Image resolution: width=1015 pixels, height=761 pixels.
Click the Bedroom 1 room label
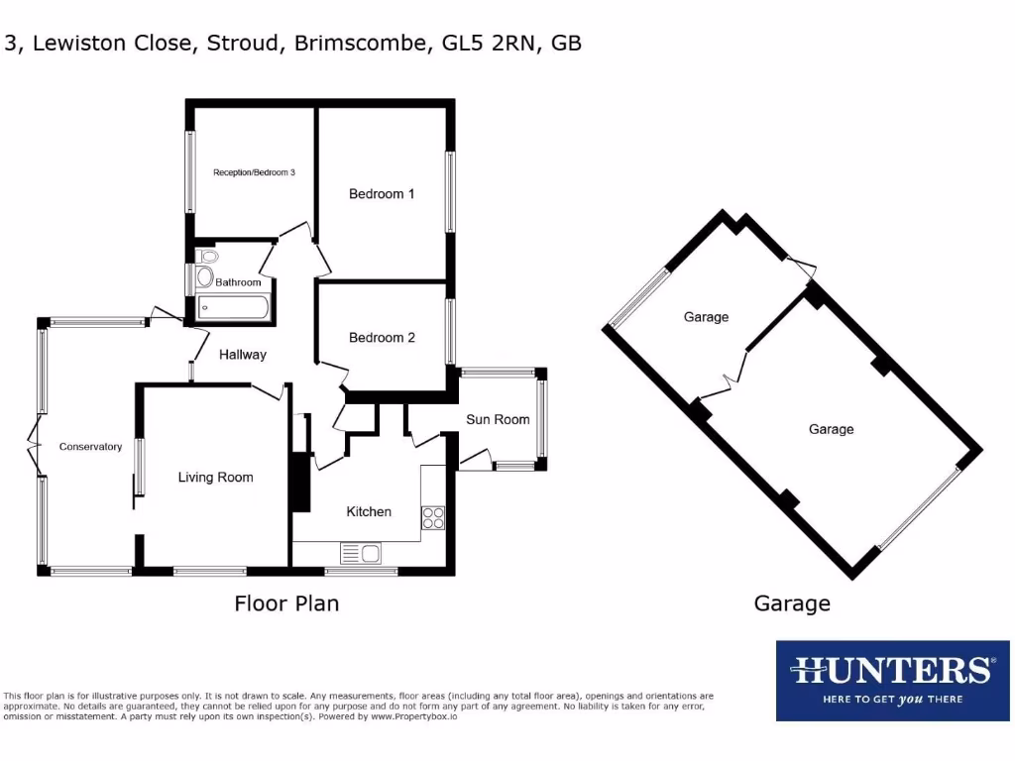pyautogui.click(x=382, y=194)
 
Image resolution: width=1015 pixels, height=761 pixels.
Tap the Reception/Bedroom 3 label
pyautogui.click(x=255, y=172)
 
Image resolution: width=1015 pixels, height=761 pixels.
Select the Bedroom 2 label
pyautogui.click(x=382, y=338)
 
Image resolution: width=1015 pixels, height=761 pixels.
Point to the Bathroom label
pyautogui.click(x=238, y=282)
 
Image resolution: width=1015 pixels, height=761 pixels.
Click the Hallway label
pyautogui.click(x=243, y=355)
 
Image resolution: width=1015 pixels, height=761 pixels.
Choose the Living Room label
pyautogui.click(x=215, y=478)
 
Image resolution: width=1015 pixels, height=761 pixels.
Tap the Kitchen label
pyautogui.click(x=369, y=512)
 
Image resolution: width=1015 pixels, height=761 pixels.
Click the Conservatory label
pyautogui.click(x=90, y=447)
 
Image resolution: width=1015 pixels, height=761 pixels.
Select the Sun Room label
pyautogui.click(x=498, y=420)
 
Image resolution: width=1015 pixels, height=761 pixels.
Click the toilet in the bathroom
pyautogui.click(x=206, y=275)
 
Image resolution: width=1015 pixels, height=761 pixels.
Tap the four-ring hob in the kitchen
pyautogui.click(x=433, y=518)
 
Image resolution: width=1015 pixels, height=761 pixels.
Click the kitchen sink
pyautogui.click(x=361, y=553)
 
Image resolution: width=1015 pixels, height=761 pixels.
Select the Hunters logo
pyautogui.click(x=891, y=680)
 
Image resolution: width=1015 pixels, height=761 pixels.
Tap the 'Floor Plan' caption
pyautogui.click(x=286, y=603)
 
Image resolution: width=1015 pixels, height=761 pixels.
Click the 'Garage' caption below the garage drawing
pyautogui.click(x=792, y=603)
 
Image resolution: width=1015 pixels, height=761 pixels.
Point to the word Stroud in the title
pyautogui.click(x=245, y=44)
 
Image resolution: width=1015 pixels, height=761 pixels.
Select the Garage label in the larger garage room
pyautogui.click(x=831, y=429)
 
